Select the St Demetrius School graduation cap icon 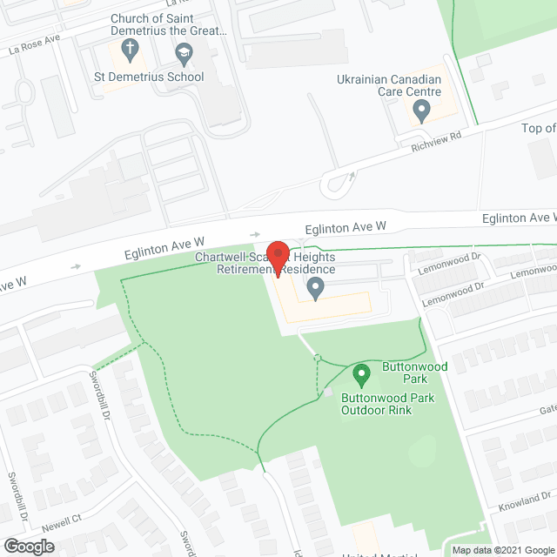(x=184, y=57)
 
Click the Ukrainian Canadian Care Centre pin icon (x=421, y=111)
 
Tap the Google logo (x=28, y=546)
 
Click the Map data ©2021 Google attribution (x=500, y=550)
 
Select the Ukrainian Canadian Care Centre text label (x=389, y=85)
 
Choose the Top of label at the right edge (x=538, y=129)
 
